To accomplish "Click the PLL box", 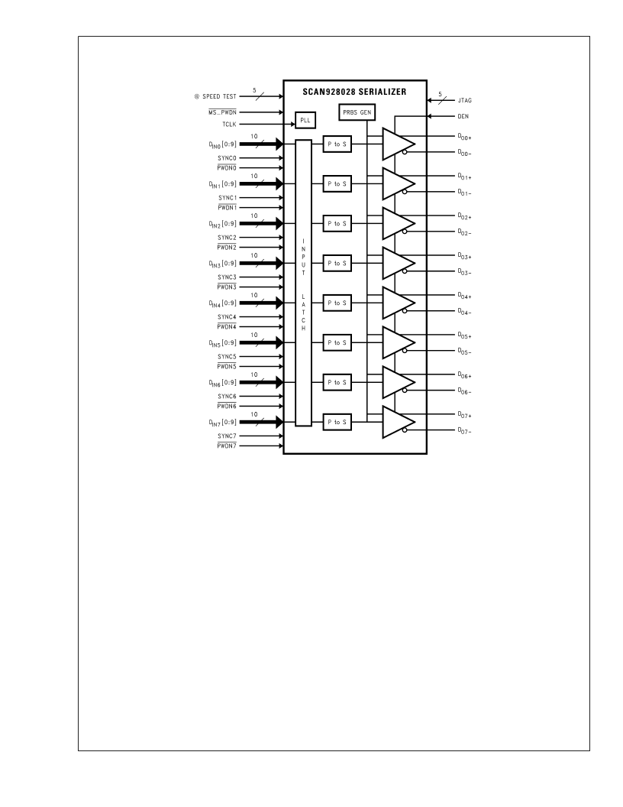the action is [305, 121].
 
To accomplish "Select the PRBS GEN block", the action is [357, 112].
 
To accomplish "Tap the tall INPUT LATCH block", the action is [303, 283].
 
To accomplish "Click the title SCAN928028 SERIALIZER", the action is [354, 92].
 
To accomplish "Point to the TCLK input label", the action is [229, 125].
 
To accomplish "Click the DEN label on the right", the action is [463, 116].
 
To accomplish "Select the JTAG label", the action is [465, 100].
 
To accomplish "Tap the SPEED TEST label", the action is [219, 96].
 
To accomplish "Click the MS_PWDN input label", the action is [223, 112].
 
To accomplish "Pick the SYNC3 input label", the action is [227, 277].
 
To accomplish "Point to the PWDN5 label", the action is [227, 367].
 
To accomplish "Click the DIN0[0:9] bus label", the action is [223, 144].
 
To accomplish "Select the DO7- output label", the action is [465, 431].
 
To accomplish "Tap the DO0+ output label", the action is [465, 137].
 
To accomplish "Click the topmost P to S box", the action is [337, 144].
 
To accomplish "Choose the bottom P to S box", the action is [337, 422].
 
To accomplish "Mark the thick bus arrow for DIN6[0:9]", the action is [261, 382].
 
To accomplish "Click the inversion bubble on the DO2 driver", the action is [405, 232].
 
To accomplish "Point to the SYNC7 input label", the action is [227, 436].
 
